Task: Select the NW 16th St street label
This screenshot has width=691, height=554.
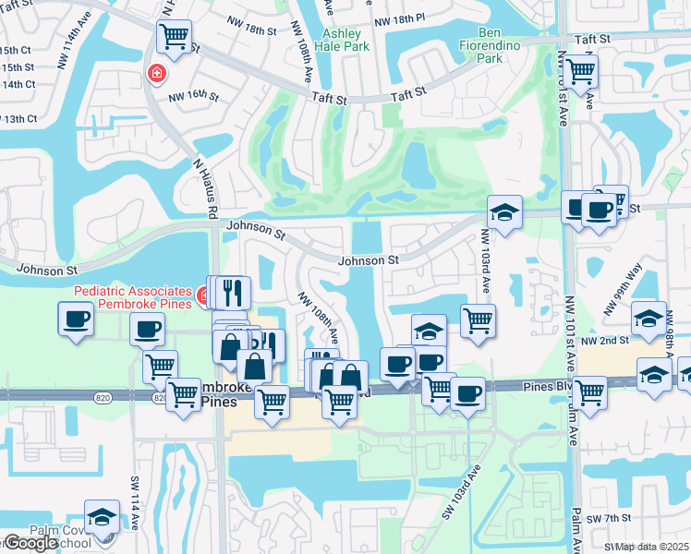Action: tap(193, 96)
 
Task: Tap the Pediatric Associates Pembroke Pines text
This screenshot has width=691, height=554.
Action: tap(132, 297)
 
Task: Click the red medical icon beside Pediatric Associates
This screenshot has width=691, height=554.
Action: tap(203, 295)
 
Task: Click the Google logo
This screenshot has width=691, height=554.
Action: tap(30, 543)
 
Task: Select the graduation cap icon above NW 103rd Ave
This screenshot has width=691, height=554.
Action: tap(504, 212)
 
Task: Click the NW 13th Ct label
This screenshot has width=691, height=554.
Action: tap(18, 119)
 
